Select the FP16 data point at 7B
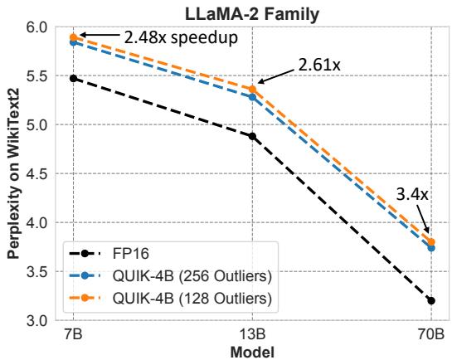73,78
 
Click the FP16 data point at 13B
252,136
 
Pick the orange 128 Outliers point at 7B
73,37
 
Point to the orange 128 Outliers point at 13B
252,90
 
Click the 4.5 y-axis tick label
39,174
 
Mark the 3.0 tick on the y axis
39,321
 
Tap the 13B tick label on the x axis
252,336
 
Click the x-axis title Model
252,352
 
